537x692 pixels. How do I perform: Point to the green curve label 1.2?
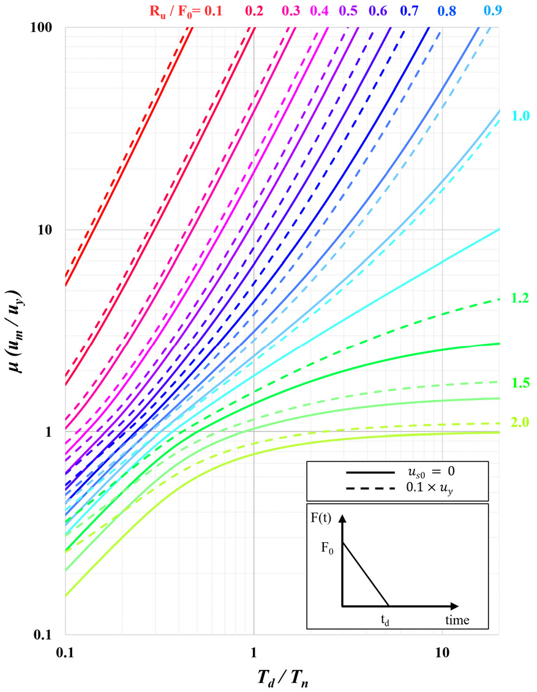520,299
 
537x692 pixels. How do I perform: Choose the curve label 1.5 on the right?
520,383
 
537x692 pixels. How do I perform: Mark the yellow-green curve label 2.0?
520,422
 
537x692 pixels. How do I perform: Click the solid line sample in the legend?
370,472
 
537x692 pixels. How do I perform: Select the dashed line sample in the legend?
370,489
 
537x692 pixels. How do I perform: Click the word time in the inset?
457,620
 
